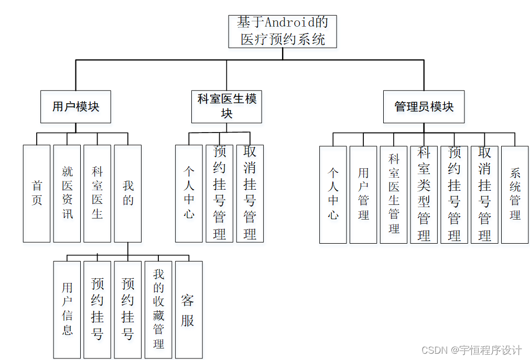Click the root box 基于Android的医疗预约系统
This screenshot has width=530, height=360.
283,31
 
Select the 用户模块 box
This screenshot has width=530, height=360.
75,107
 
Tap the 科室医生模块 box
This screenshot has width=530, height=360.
226,106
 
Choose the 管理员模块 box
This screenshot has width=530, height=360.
424,107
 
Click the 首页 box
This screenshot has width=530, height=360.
37,193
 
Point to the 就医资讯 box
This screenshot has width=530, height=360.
67,193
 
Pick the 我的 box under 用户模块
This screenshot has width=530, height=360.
128,193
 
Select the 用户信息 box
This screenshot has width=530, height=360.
67,309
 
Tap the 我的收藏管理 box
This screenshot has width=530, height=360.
158,309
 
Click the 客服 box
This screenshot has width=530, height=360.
188,309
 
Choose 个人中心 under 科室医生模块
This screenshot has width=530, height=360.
189,193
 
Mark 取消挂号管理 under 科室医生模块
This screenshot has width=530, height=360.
250,193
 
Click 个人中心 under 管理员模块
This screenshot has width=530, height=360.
333,194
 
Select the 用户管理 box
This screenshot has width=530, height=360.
363,194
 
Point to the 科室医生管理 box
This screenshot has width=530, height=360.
394,194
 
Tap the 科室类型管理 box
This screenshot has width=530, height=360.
424,194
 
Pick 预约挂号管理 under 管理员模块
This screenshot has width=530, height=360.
454,194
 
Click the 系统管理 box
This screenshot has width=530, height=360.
515,194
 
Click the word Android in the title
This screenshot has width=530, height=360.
290,23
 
